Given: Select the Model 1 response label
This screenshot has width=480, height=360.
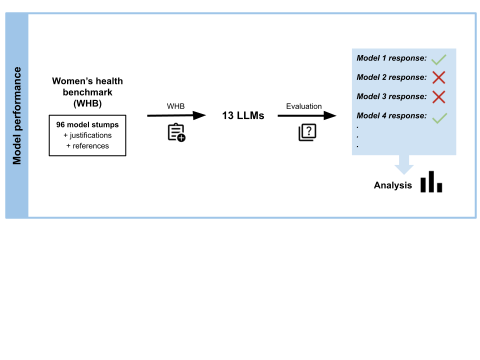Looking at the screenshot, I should coord(391,58).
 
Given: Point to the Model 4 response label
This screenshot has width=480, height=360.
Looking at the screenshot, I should coord(391,115).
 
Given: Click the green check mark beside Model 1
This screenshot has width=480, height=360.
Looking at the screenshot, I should coord(438,59).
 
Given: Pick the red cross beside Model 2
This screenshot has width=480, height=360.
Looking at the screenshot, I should coord(438,77).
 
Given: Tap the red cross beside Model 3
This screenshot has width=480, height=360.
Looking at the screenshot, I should coord(438,97).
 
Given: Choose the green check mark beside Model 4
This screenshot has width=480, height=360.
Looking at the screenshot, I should coord(439,118).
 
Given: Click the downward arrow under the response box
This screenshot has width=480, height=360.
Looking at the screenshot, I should coord(404,165).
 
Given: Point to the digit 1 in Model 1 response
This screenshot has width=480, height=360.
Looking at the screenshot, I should coord(384,58).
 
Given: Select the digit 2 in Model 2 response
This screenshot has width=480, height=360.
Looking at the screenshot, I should coord(384,77).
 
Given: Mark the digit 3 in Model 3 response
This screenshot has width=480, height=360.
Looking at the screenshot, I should coord(384,96).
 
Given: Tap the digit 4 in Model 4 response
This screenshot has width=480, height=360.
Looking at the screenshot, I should coord(384,115).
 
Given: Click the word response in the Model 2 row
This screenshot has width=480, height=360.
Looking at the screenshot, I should coord(407,77).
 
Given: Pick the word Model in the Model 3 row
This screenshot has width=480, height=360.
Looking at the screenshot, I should coord(368,96).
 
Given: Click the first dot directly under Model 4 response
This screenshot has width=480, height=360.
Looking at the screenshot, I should coord(357,127).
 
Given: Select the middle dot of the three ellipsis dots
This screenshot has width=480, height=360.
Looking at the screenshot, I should coord(357,136).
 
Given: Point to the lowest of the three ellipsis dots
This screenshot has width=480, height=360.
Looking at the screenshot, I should coord(357,146).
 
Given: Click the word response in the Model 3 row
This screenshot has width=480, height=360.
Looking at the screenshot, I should coord(407,96).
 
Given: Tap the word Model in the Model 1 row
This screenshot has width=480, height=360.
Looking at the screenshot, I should coord(368,58).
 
